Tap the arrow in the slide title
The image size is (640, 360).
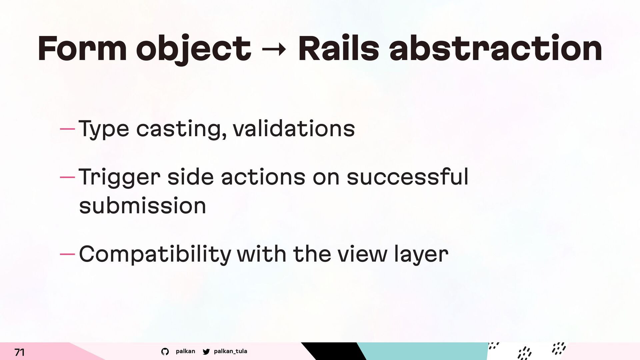click(x=274, y=50)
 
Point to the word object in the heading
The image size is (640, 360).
click(x=194, y=50)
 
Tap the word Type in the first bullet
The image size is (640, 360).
click(x=104, y=130)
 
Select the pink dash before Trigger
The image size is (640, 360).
click(x=68, y=177)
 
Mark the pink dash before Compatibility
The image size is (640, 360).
click(x=68, y=255)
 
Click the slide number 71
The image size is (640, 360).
click(x=19, y=352)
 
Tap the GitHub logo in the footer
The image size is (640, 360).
click(x=165, y=352)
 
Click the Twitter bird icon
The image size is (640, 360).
click(x=206, y=352)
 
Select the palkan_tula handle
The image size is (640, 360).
click(x=230, y=351)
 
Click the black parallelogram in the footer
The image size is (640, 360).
click(x=334, y=351)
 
